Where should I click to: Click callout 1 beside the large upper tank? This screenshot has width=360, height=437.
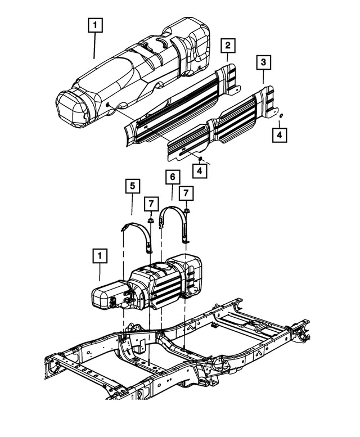[94, 25]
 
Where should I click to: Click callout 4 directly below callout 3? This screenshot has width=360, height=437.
[280, 135]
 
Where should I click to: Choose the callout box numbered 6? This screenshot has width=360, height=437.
[172, 178]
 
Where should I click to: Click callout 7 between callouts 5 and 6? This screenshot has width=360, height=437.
[151, 202]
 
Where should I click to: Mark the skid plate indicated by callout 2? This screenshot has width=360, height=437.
[180, 107]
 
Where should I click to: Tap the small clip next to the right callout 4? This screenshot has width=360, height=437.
[280, 116]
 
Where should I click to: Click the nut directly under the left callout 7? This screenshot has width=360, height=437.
[151, 220]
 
